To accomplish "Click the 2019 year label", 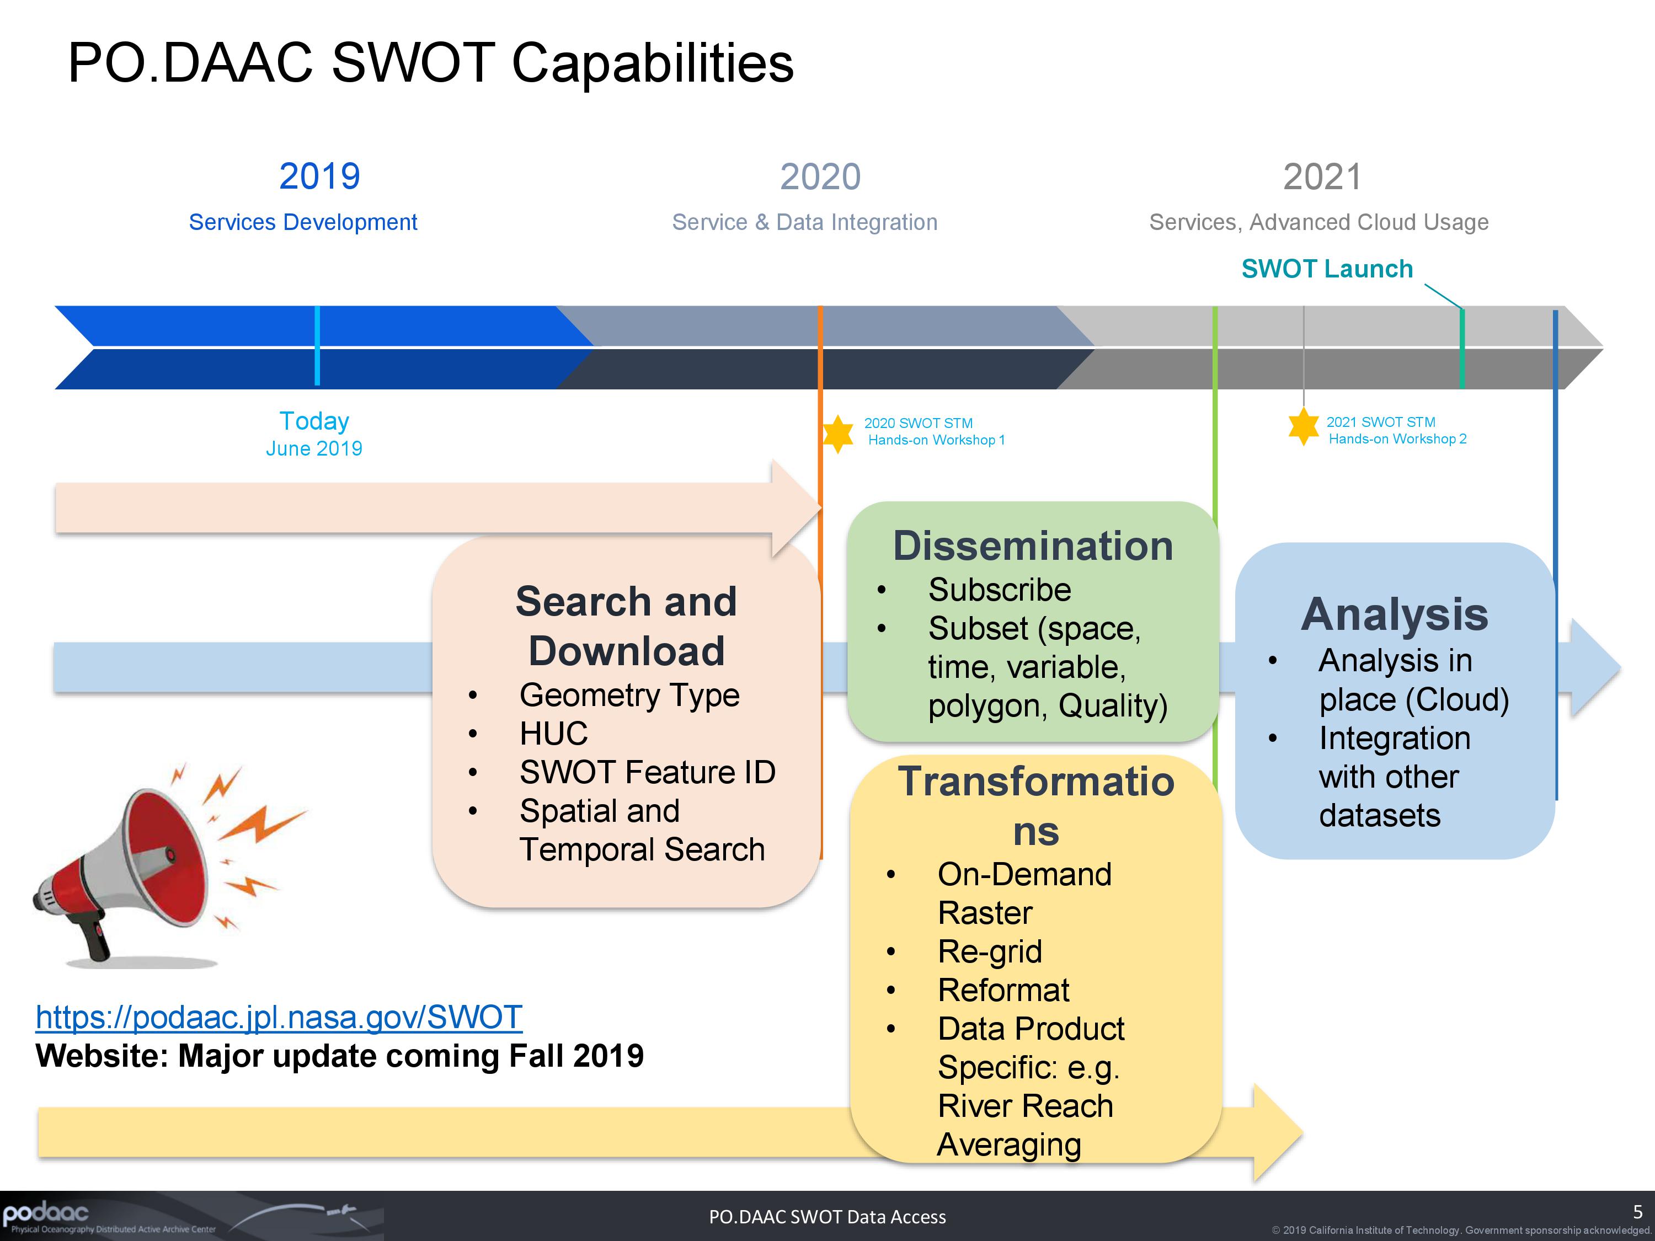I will click(319, 176).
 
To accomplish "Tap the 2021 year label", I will click(1322, 177).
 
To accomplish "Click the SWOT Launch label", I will click(1327, 269).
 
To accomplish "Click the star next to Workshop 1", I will click(837, 433).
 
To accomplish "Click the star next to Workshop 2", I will click(1304, 426).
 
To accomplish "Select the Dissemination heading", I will click(1033, 545).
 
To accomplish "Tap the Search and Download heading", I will click(626, 625).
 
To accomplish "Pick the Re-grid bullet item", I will click(989, 951).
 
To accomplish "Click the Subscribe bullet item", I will click(999, 590).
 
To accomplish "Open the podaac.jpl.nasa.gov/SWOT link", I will click(279, 1017).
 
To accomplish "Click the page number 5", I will click(1637, 1212).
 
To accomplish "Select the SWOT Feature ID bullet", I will click(647, 772).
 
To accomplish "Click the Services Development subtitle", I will click(302, 222).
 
